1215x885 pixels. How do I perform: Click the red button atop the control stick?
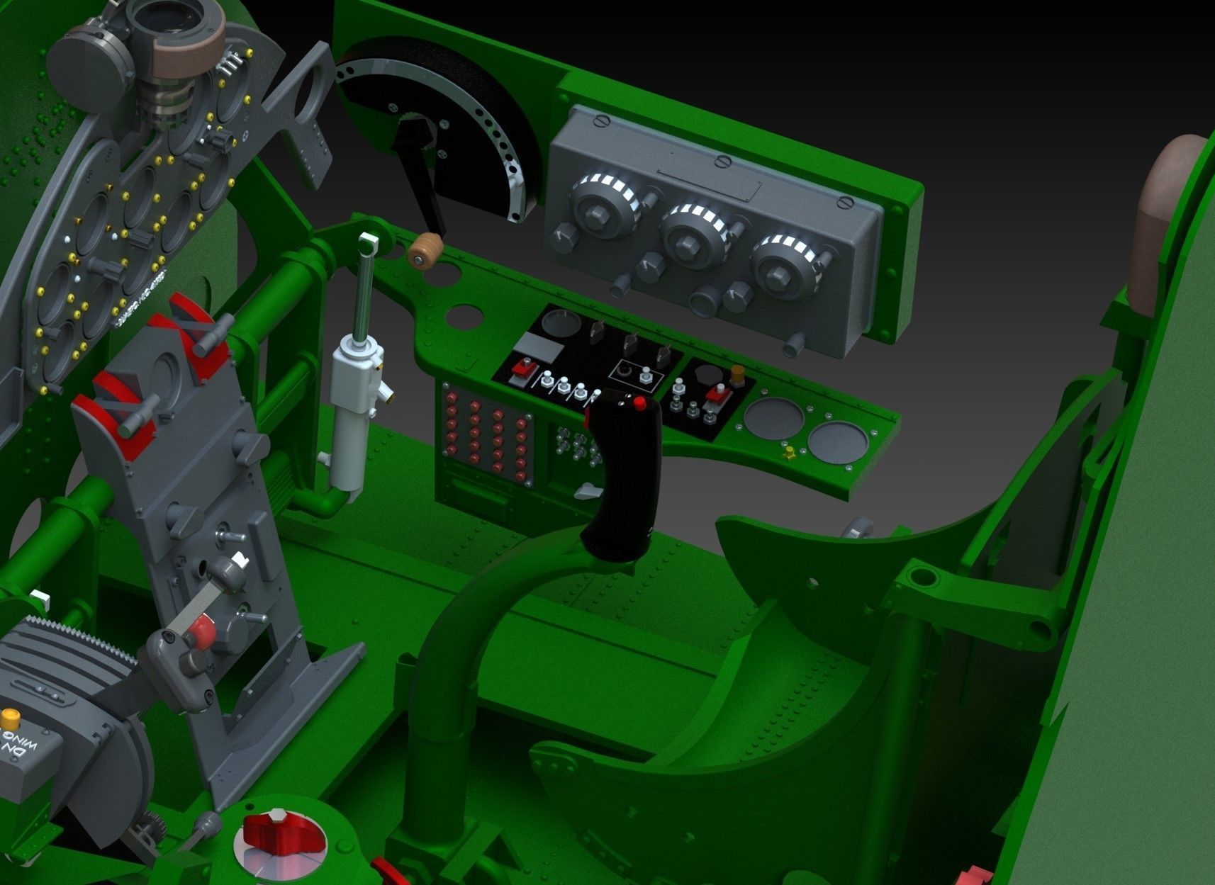[639, 404]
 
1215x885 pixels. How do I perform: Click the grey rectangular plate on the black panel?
[538, 346]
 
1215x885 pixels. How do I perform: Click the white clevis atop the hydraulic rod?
[369, 243]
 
